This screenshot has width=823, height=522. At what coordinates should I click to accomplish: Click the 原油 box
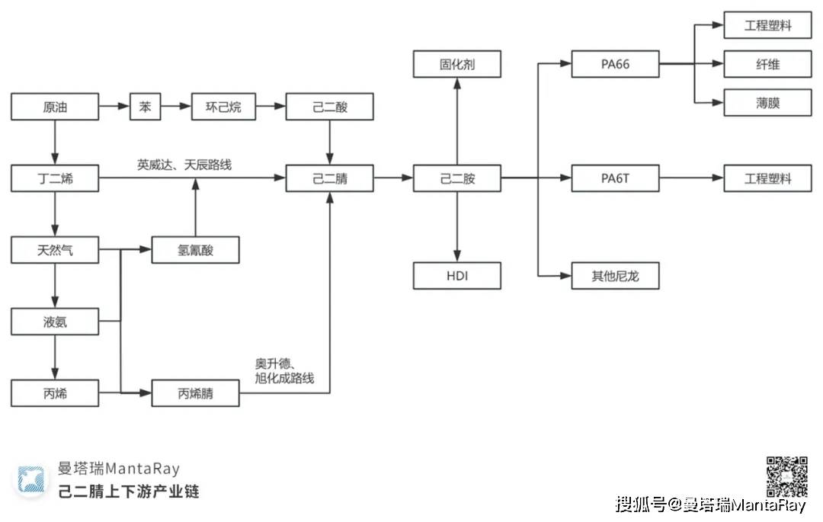click(x=55, y=107)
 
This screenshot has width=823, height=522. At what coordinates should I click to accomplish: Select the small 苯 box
click(x=145, y=107)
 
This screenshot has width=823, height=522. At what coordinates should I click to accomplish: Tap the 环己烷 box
click(x=223, y=107)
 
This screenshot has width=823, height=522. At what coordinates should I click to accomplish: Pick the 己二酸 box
click(x=329, y=107)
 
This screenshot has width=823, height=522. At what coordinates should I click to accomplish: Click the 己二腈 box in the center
click(x=329, y=179)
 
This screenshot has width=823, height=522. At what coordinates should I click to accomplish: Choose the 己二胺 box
click(x=457, y=179)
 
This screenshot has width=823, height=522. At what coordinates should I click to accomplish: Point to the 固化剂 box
click(x=457, y=64)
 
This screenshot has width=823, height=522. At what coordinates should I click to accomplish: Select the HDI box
click(x=457, y=275)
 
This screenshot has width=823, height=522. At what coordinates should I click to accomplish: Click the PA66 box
click(x=615, y=64)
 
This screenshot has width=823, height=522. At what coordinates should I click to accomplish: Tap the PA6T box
click(x=615, y=179)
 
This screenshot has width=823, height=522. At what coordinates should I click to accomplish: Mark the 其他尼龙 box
click(x=615, y=275)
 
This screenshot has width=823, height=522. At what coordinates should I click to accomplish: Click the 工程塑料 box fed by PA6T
click(x=767, y=179)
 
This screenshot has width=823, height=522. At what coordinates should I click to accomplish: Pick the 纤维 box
click(x=767, y=64)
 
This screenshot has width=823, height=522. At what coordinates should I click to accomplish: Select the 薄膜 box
click(x=767, y=103)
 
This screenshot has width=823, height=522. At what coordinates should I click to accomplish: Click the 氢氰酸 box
click(x=196, y=250)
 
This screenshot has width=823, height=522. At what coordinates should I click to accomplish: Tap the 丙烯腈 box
click(x=196, y=394)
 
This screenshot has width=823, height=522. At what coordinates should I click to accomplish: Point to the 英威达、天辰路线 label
click(x=184, y=164)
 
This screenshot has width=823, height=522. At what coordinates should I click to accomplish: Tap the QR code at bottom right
click(x=786, y=476)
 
